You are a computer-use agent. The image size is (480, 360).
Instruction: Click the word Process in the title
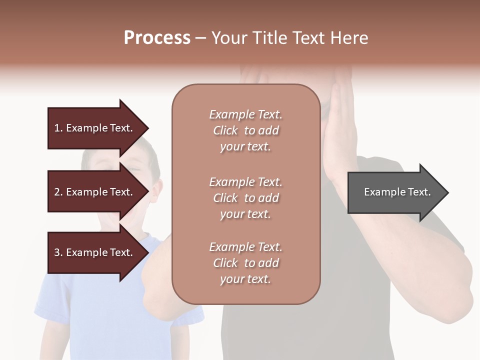157,38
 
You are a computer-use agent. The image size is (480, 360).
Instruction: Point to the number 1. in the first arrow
58,128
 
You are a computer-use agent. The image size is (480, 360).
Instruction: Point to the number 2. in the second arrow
58,192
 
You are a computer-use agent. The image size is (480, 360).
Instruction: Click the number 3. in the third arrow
58,252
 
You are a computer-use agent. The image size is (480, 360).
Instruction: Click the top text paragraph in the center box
245,130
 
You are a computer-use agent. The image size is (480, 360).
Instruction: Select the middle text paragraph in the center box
245,198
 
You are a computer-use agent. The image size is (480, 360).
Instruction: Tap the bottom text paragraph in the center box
245,263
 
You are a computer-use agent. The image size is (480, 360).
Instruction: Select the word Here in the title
350,38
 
